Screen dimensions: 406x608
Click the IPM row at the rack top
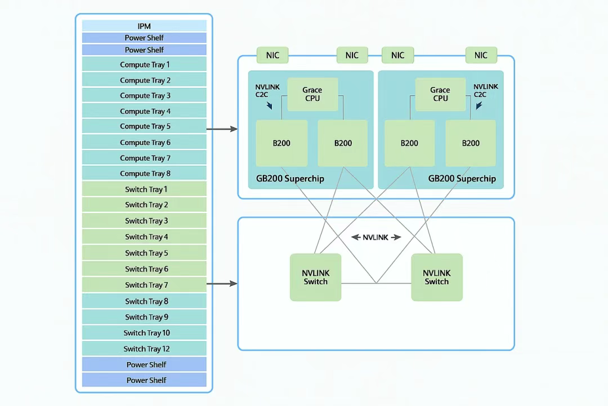point(144,26)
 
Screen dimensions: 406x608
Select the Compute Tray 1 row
point(144,64)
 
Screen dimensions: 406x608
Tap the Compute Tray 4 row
point(144,111)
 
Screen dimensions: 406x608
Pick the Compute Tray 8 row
point(144,173)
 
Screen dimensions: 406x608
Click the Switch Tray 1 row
point(144,189)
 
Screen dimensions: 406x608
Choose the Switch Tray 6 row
point(144,268)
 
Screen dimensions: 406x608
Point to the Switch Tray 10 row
point(144,333)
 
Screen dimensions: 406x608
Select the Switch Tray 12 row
point(144,348)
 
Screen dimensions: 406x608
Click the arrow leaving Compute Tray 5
point(222,129)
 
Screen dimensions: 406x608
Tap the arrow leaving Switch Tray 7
point(222,284)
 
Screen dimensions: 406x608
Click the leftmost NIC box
point(272,55)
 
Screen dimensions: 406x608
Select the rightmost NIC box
point(481,55)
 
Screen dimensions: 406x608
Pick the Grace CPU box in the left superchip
point(312,94)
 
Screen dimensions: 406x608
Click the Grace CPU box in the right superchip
point(440,94)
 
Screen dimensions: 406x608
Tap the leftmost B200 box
point(281,143)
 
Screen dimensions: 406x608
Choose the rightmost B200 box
point(471,143)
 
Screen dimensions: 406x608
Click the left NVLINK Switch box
point(315,277)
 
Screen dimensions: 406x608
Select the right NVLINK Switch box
point(436,277)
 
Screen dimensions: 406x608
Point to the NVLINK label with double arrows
point(376,237)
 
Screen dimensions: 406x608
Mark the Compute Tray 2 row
point(144,80)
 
